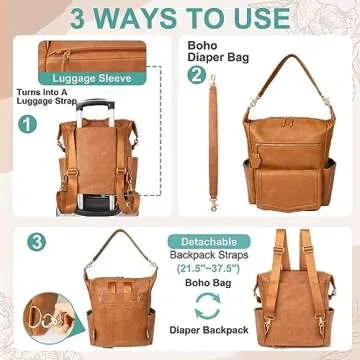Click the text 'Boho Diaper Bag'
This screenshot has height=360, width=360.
(207, 51)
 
